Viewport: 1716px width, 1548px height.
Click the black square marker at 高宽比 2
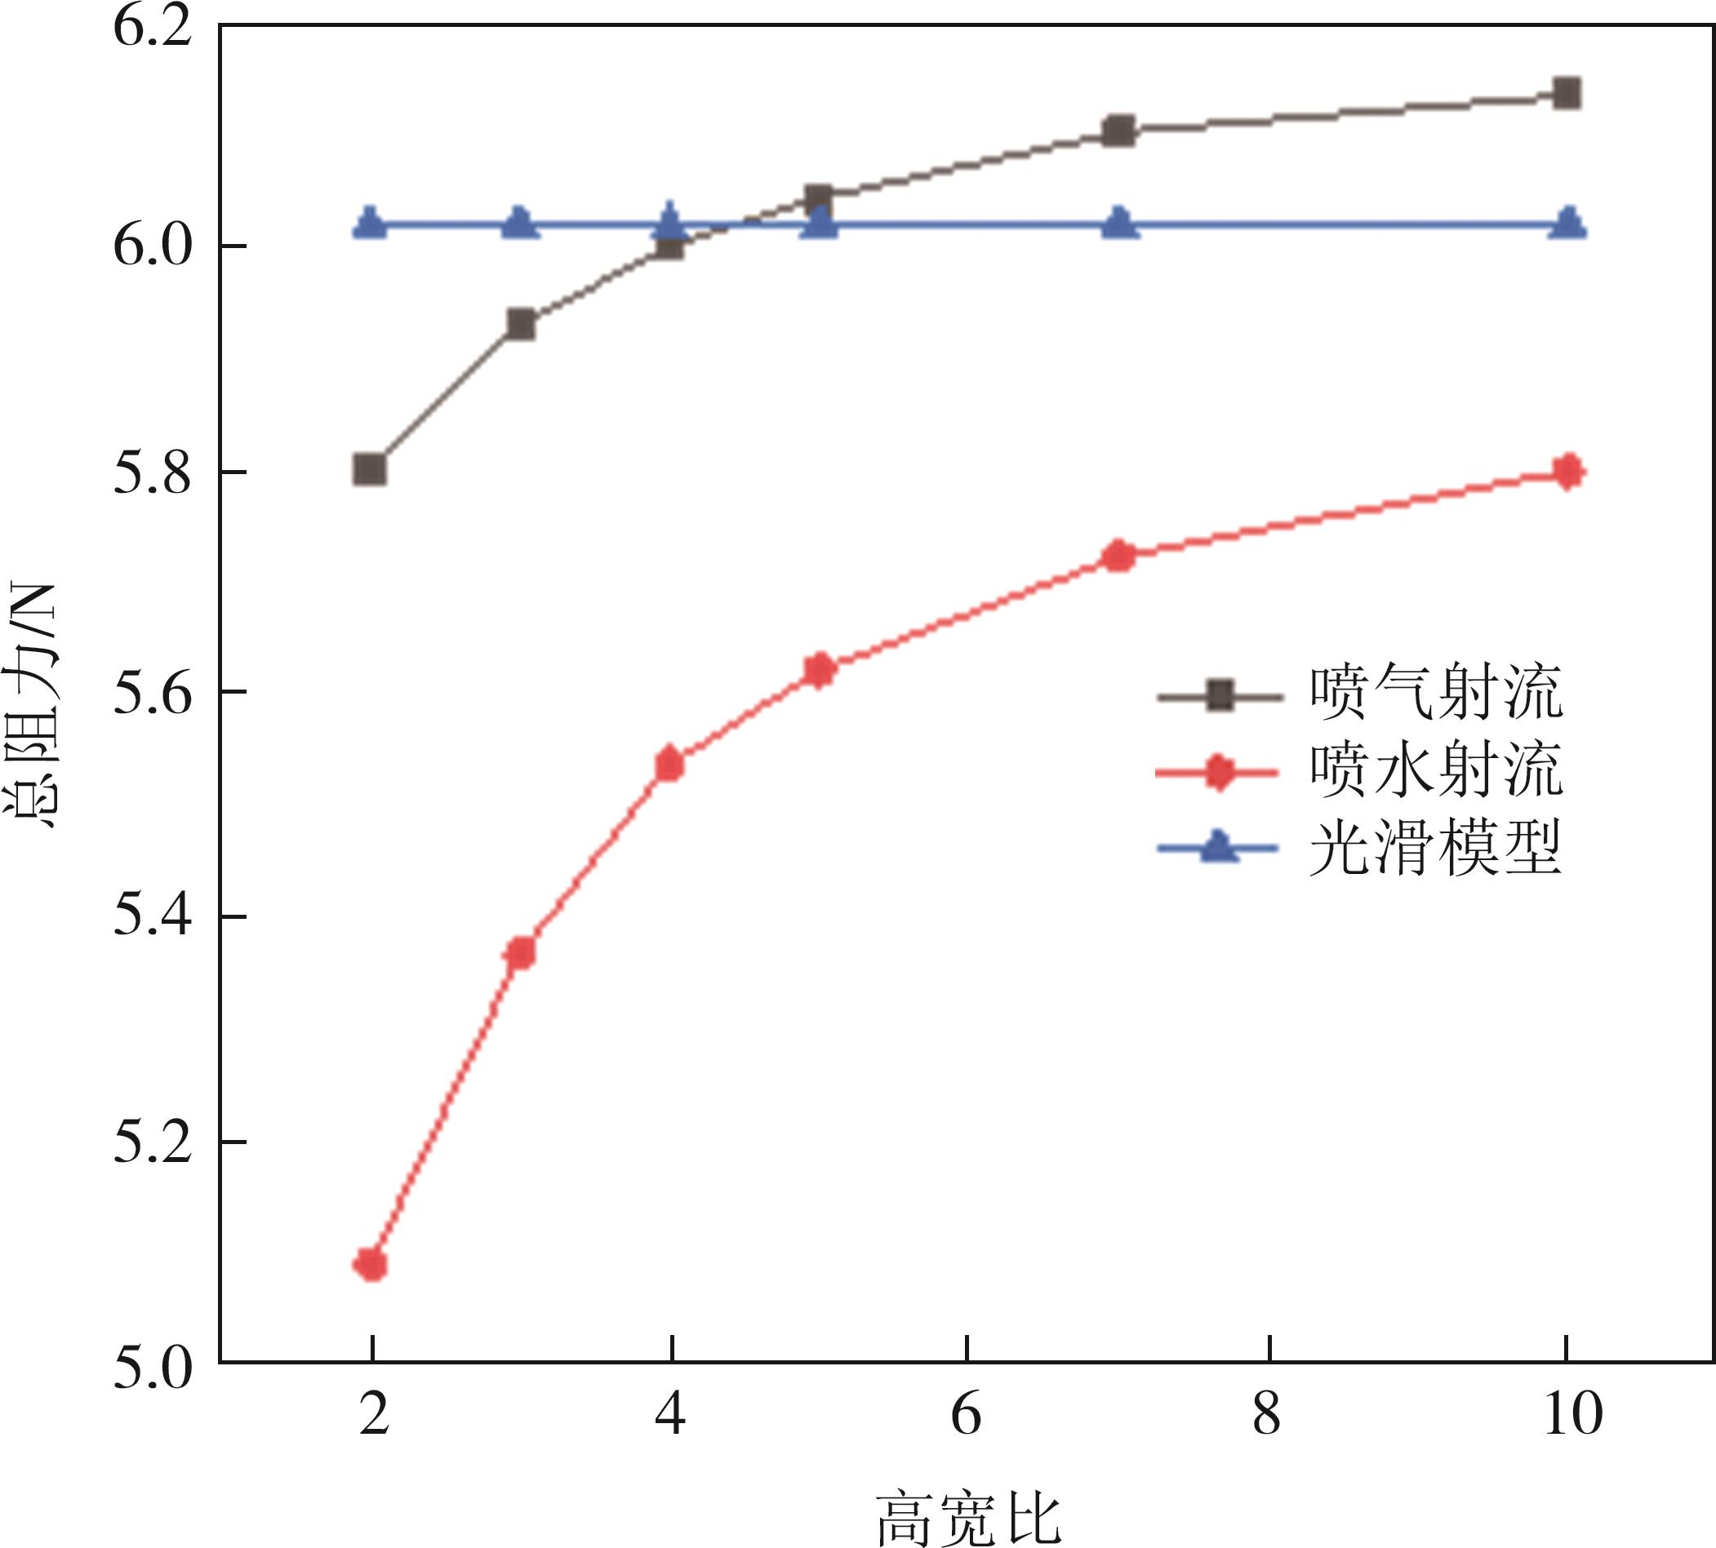pos(370,468)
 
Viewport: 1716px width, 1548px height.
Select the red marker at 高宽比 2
pos(371,1265)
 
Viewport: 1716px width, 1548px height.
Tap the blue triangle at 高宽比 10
pos(1567,224)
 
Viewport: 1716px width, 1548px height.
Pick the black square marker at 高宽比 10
pos(1567,93)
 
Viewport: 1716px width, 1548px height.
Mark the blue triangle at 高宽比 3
pos(521,224)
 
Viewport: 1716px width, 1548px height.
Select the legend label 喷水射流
pos(1436,770)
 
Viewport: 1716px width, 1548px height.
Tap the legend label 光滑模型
pos(1436,848)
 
